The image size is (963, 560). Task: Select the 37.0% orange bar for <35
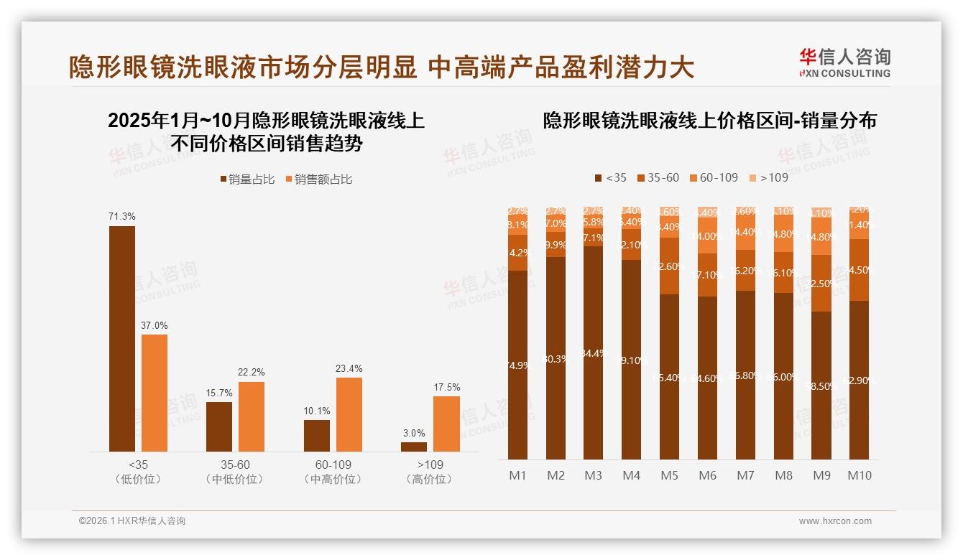pos(155,393)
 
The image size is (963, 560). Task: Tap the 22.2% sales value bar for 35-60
pos(252,416)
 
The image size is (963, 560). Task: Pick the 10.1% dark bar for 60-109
pos(317,436)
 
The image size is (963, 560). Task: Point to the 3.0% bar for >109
pos(414,447)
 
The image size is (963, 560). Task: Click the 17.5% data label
pos(447,387)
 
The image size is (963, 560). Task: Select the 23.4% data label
pos(349,368)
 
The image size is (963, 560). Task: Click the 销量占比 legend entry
pos(247,179)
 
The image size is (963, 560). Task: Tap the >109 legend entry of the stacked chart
pos(768,177)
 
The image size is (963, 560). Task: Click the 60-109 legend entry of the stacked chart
pos(714,177)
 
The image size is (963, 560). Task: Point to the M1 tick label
pos(517,475)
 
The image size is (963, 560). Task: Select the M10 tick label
pos(860,475)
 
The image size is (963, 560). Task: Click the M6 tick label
pos(707,475)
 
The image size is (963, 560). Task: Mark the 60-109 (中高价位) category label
pos(333,472)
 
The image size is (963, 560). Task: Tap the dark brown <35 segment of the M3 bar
pos(594,353)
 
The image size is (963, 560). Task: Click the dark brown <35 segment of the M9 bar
pos(821,386)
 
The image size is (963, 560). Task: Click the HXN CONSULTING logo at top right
pos(844,63)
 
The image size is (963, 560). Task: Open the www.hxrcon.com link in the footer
pos(835,521)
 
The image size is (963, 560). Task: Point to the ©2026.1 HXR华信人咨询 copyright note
pos(132,521)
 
